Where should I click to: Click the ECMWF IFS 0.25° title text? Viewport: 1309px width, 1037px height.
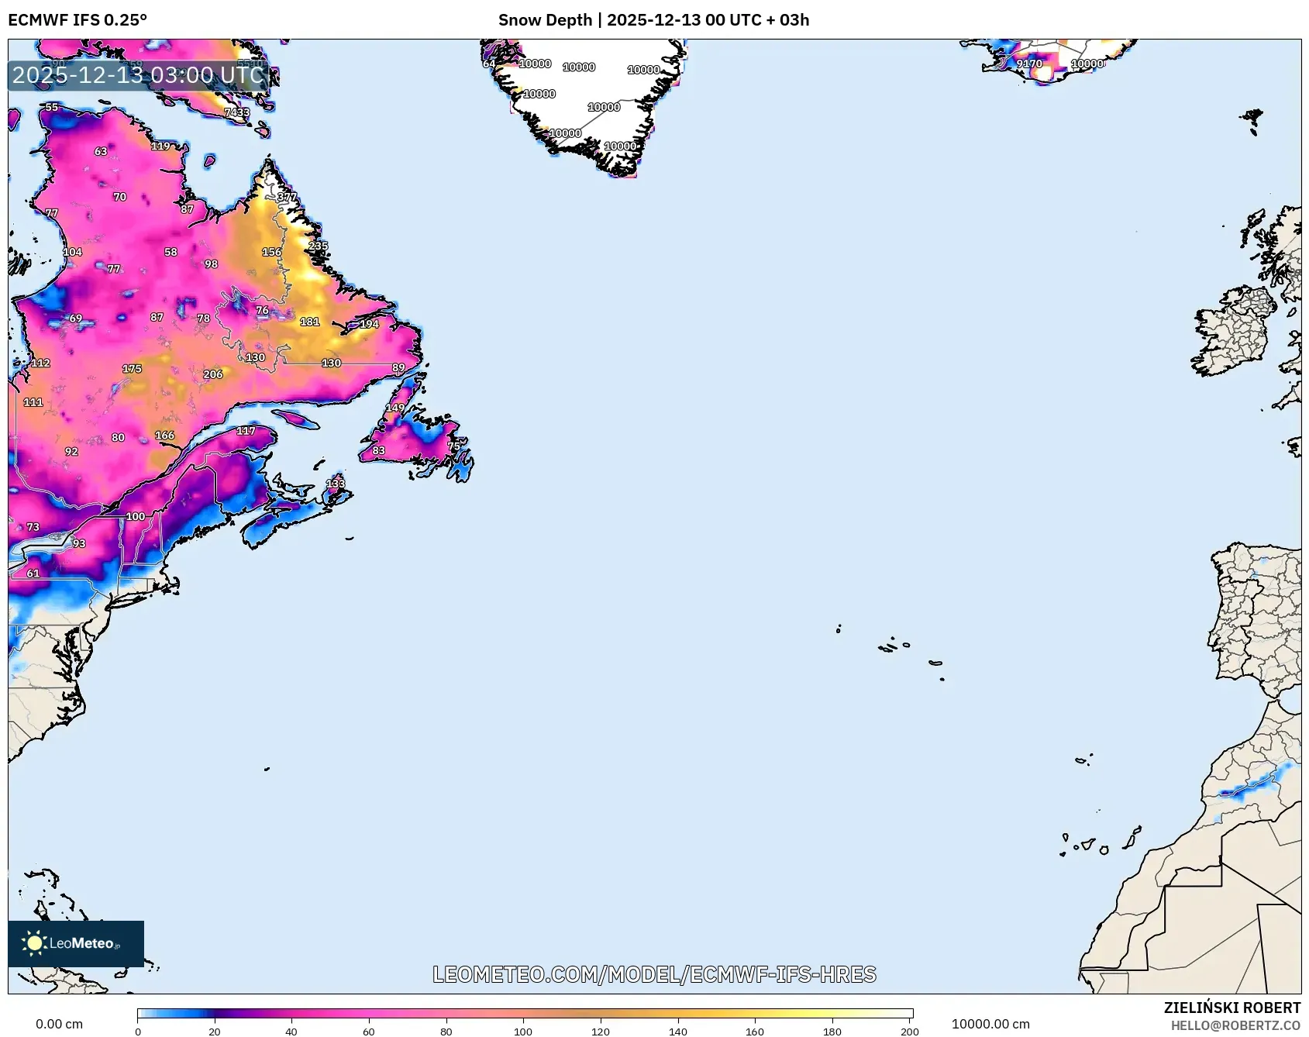(78, 20)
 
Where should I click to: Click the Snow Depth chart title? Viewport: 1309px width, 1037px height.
(653, 20)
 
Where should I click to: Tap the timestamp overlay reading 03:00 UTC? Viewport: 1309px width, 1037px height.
(139, 75)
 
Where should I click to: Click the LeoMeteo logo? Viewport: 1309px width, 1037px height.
(75, 943)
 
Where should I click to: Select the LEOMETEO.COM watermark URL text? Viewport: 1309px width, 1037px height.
(654, 974)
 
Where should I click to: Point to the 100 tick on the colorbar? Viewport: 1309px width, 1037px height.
(523, 1031)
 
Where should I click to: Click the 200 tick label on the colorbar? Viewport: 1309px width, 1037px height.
(910, 1031)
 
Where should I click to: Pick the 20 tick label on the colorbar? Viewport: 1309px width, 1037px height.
(215, 1031)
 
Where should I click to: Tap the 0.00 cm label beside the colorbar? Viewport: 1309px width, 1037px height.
(59, 1024)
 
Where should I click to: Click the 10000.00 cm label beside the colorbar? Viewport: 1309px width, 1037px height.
(990, 1024)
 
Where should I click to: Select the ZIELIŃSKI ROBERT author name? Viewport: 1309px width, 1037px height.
(1231, 1008)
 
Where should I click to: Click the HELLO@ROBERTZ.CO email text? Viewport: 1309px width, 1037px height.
(1235, 1025)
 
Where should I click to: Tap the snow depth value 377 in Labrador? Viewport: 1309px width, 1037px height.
(287, 197)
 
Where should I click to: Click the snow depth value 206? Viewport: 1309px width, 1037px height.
(213, 374)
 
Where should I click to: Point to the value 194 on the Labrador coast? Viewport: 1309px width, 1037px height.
(369, 324)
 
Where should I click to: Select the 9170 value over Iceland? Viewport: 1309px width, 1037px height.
(1029, 64)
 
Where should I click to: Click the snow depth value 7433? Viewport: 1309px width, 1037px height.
(237, 112)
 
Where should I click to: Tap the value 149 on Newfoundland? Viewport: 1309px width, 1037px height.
(395, 408)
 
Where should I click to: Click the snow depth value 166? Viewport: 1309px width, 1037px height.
(165, 436)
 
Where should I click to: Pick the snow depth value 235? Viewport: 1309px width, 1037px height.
(319, 246)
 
